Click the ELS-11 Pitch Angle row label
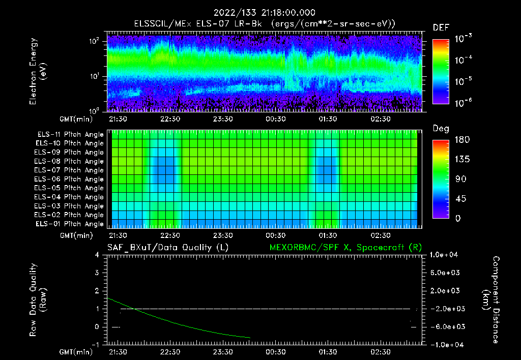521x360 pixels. click(x=70, y=134)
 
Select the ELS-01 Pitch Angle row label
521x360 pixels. click(x=70, y=224)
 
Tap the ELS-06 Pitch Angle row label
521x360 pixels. click(x=70, y=179)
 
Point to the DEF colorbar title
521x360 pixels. click(x=441, y=28)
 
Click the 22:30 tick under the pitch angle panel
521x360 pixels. click(x=170, y=235)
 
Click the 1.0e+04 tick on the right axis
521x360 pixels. click(x=446, y=255)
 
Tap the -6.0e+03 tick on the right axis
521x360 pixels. click(x=446, y=327)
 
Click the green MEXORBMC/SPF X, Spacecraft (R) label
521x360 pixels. click(x=345, y=247)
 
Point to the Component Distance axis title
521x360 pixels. click(x=490, y=300)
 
